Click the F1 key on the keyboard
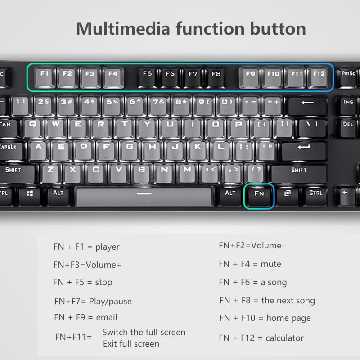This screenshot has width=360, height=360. pyautogui.click(x=45, y=77)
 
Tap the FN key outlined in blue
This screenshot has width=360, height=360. pyautogui.click(x=259, y=196)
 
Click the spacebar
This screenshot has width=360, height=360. pyautogui.click(x=144, y=197)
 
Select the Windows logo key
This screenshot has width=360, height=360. pyautogui.click(x=30, y=196)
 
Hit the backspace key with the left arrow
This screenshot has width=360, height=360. pyautogui.click(x=308, y=106)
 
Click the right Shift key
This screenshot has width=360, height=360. pyautogui.click(x=299, y=174)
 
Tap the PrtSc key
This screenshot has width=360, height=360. pyautogui.click(x=348, y=77)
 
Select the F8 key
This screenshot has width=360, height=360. pyautogui.click(x=216, y=77)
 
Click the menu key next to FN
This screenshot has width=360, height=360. pyautogui.click(x=287, y=196)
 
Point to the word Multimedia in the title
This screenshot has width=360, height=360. pyautogui.click(x=123, y=29)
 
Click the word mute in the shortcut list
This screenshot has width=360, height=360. pyautogui.click(x=271, y=264)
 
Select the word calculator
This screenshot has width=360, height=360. pyautogui.click(x=284, y=338)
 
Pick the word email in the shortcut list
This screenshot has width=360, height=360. pyautogui.click(x=107, y=317)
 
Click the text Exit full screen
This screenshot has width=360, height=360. pyautogui.click(x=131, y=344)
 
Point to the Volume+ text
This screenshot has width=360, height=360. pyautogui.click(x=103, y=265)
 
